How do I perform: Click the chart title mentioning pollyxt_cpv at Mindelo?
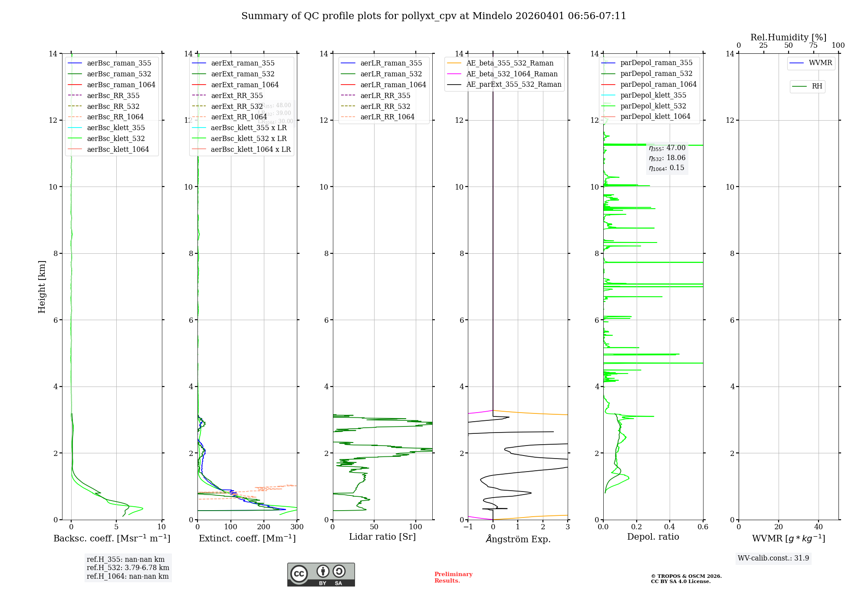pos(434,16)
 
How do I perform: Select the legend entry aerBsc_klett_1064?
pos(118,149)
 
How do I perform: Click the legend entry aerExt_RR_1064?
pos(239,117)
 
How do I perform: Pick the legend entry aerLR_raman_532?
pos(391,74)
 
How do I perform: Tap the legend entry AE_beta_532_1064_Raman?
pos(512,74)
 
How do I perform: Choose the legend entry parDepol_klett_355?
pos(653,95)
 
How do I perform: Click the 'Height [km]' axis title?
pos(42,286)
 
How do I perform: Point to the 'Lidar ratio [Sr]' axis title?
pos(382,537)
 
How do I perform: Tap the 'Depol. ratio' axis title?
pos(653,537)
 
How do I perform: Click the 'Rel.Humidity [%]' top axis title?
pos(788,37)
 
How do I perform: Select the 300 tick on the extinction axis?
pos(297,527)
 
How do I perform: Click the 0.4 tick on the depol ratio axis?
pos(670,527)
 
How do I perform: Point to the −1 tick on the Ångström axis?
pos(468,527)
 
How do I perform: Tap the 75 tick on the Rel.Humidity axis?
pos(813,46)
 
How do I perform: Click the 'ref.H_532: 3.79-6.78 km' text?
pos(128,568)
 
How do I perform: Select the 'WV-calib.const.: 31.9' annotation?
pos(773,558)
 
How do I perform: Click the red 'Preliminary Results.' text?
pos(453,577)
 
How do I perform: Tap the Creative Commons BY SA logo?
pos(321,574)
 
